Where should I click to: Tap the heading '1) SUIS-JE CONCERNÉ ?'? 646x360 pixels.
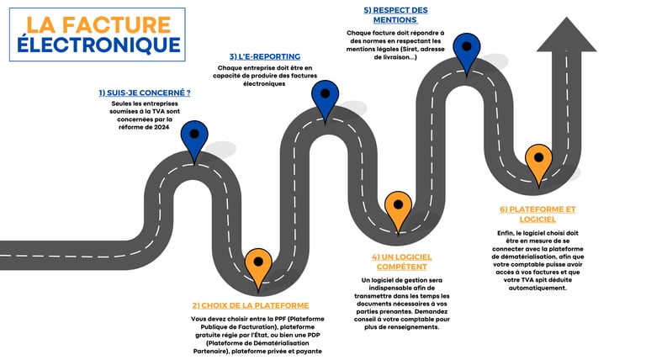click(x=144, y=93)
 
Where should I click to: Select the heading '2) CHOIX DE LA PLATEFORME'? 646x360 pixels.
click(x=251, y=305)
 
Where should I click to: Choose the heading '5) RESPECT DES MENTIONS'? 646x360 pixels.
click(x=395, y=14)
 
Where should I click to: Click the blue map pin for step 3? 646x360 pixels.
click(x=325, y=94)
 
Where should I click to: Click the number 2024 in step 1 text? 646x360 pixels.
click(x=160, y=127)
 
